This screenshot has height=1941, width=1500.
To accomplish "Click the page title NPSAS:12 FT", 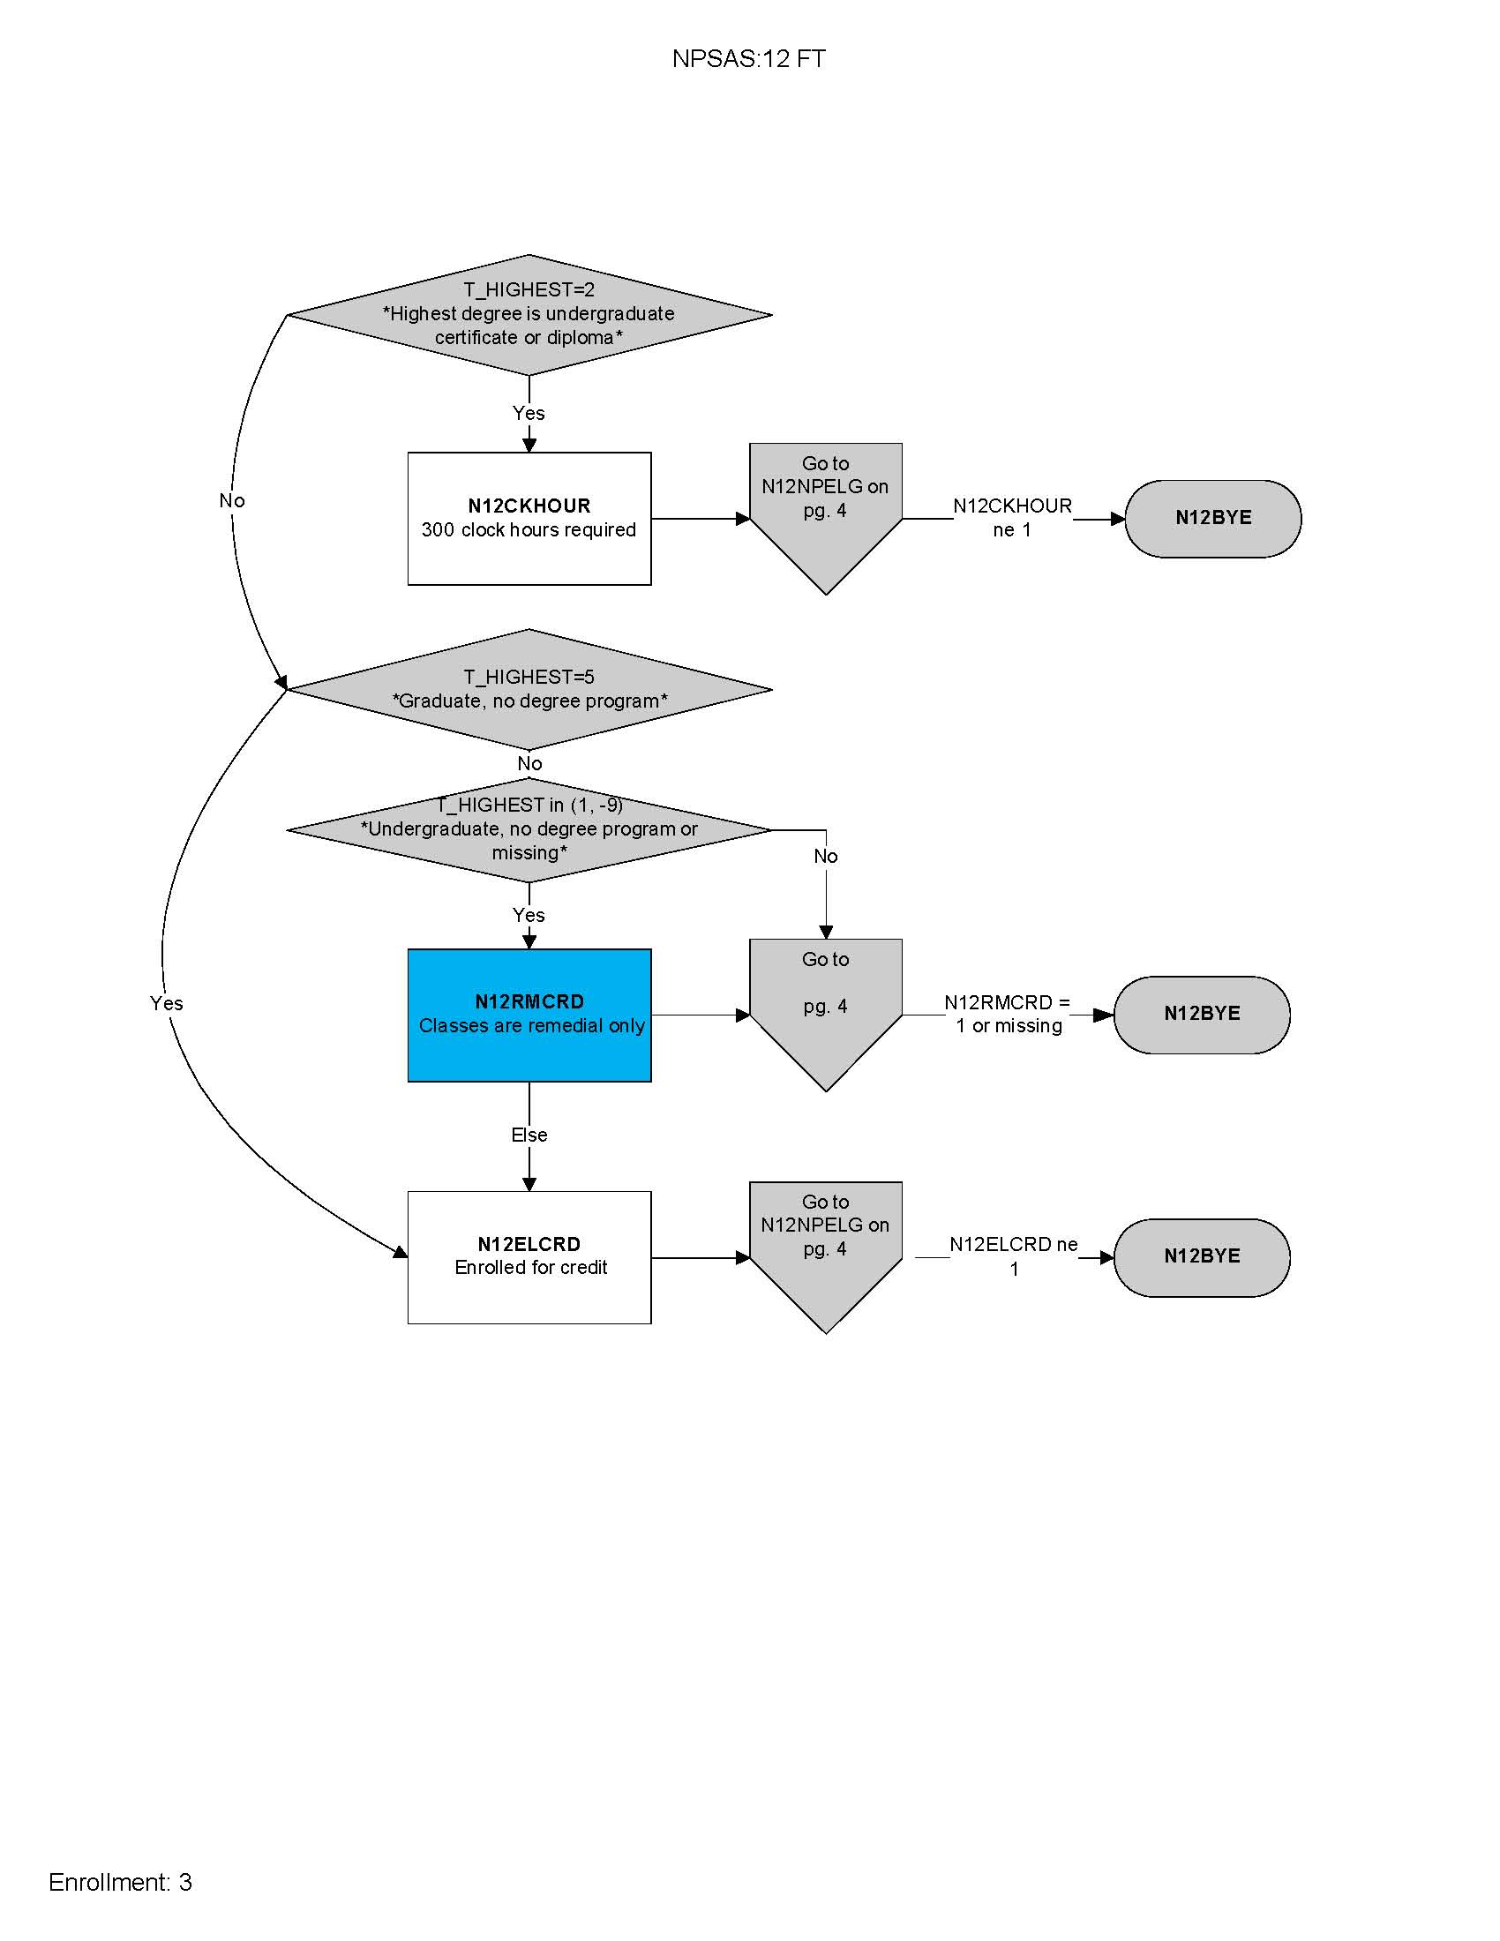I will (748, 58).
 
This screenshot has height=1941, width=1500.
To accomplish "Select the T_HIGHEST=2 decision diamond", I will (529, 314).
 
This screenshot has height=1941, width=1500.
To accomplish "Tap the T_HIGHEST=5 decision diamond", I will (529, 689).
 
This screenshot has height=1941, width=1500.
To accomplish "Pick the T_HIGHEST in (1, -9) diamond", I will (529, 829).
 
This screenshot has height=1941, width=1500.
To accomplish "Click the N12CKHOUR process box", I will (529, 518).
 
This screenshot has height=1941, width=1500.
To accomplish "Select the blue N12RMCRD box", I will (529, 1014).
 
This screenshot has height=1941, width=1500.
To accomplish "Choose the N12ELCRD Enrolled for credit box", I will (529, 1255).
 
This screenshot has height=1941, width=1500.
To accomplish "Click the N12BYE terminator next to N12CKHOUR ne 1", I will (1212, 518).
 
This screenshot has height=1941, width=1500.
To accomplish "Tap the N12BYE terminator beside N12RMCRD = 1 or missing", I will (1201, 1014).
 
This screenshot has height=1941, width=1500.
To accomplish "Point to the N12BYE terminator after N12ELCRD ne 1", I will (1201, 1256).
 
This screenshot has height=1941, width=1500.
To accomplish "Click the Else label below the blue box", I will (529, 1135).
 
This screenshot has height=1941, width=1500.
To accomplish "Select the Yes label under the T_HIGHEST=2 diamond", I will (529, 413).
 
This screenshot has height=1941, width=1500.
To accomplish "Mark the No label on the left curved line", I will (232, 501).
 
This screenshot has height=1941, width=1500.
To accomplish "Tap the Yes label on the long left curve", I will (166, 1003).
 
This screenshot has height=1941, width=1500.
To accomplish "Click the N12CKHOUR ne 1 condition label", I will (1012, 518).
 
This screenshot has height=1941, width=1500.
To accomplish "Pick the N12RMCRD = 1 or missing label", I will (1008, 1014).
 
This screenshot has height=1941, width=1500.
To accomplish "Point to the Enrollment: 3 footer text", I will (120, 1882).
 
